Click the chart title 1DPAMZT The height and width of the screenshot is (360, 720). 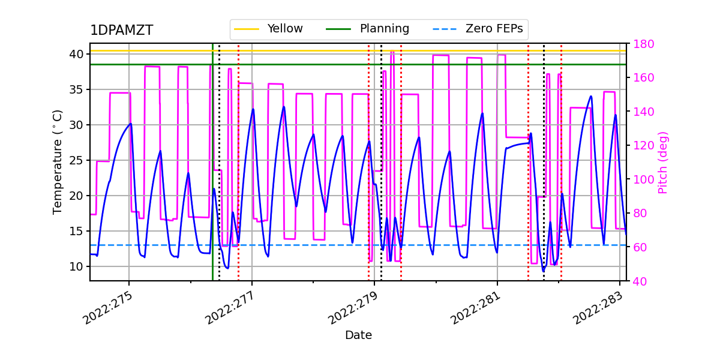[121, 31]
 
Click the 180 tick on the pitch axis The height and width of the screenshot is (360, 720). [641, 44]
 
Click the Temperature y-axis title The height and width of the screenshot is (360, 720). [58, 162]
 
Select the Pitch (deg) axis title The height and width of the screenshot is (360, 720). [663, 162]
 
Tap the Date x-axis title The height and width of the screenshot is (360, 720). [358, 335]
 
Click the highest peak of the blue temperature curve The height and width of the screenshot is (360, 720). [591, 96]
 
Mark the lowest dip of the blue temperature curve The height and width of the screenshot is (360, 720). [544, 271]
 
